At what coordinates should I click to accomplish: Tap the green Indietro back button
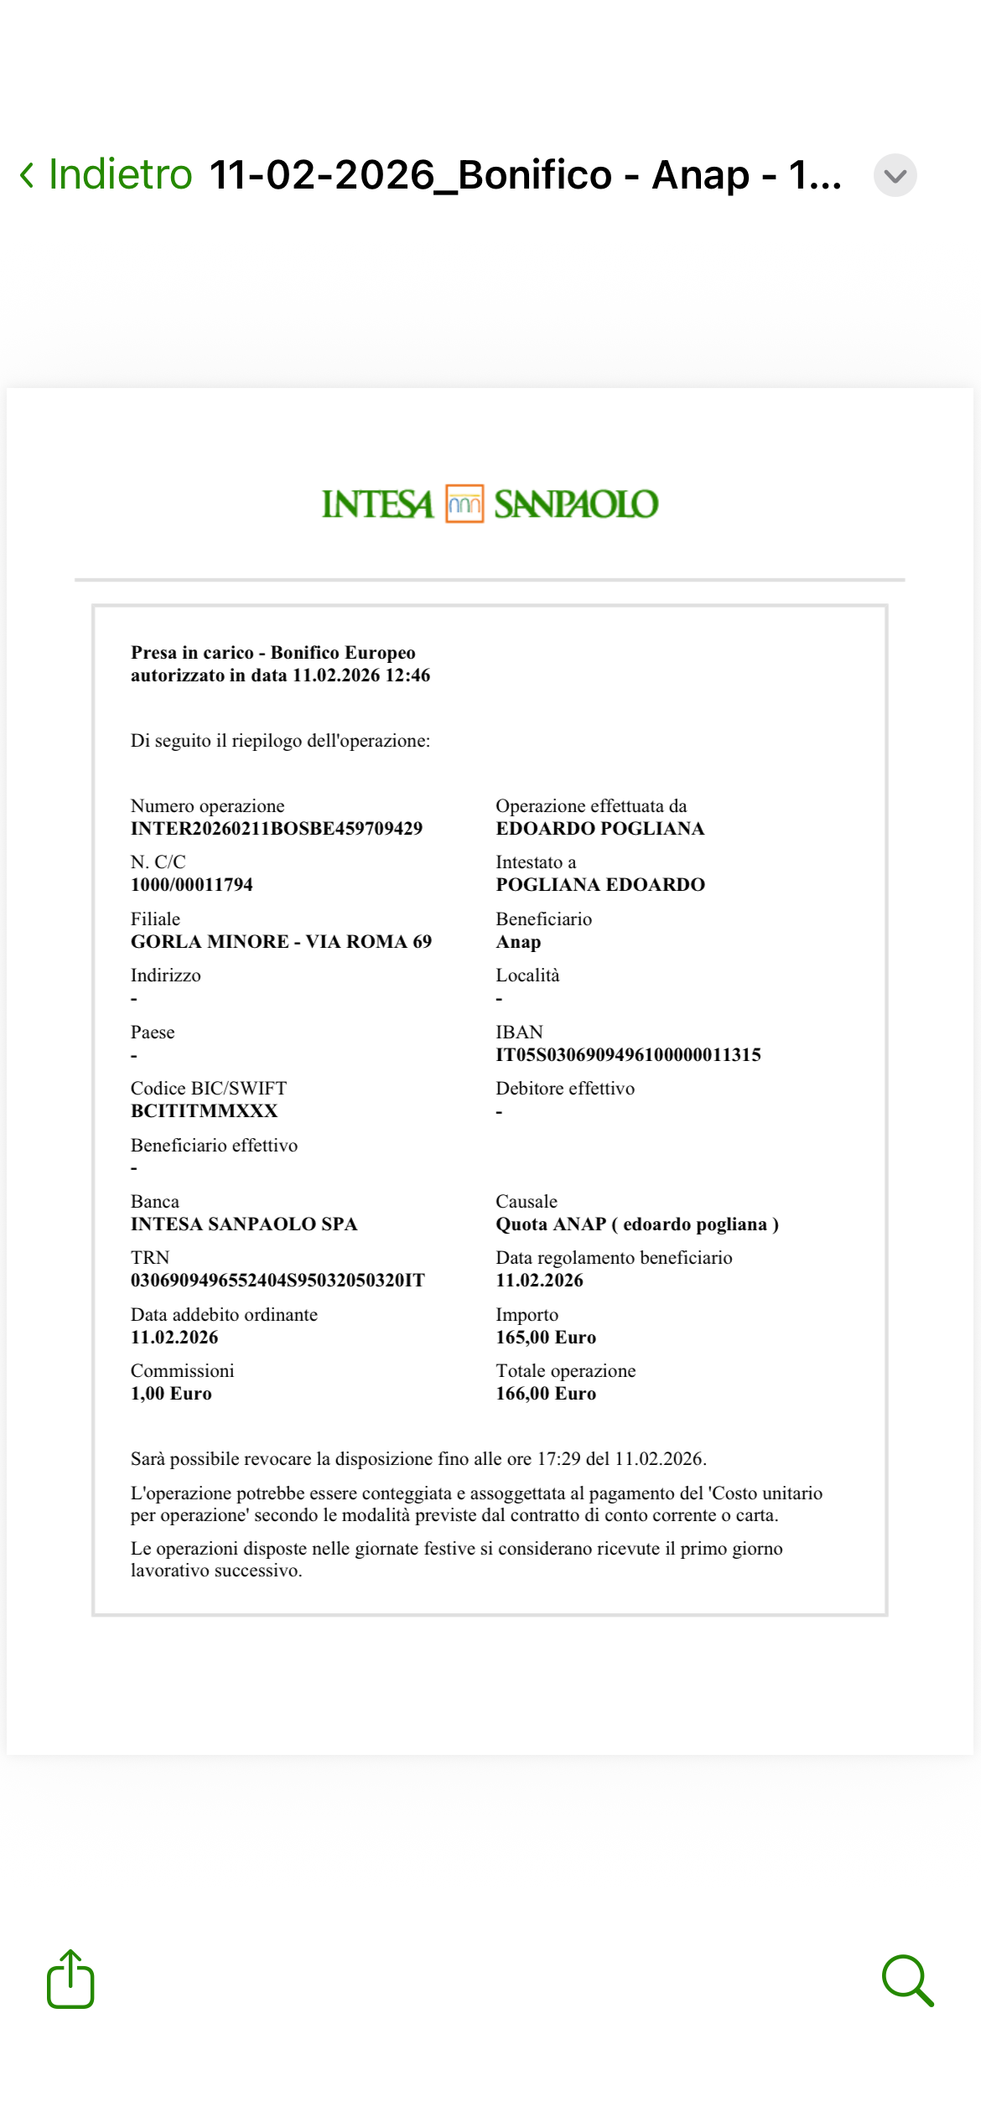pyautogui.click(x=107, y=174)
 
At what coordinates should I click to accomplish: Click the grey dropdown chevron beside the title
pyautogui.click(x=895, y=175)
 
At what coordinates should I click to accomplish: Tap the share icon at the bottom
pyautogui.click(x=70, y=1980)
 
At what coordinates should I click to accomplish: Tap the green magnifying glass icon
pyautogui.click(x=907, y=1980)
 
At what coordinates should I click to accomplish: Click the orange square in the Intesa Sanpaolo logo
pyautogui.click(x=464, y=504)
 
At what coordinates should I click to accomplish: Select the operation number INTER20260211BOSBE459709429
pyautogui.click(x=277, y=829)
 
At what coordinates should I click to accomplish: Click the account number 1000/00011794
pyautogui.click(x=191, y=885)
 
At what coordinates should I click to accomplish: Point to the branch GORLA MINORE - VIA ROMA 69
pyautogui.click(x=281, y=942)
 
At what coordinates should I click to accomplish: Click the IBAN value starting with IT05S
pyautogui.click(x=628, y=1055)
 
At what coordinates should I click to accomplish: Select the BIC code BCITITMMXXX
pyautogui.click(x=204, y=1111)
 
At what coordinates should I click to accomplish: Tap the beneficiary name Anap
pyautogui.click(x=518, y=942)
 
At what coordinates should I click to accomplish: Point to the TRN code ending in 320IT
pyautogui.click(x=278, y=1281)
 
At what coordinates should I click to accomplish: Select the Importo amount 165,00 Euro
pyautogui.click(x=546, y=1338)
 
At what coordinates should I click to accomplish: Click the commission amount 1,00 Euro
pyautogui.click(x=171, y=1394)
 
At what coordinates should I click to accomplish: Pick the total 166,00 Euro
pyautogui.click(x=546, y=1394)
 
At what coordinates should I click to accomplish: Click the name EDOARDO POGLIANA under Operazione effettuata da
pyautogui.click(x=599, y=829)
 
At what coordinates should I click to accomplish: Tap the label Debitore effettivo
pyautogui.click(x=565, y=1089)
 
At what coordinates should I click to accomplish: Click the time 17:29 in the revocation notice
pyautogui.click(x=558, y=1459)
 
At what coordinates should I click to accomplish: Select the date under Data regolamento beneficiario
pyautogui.click(x=539, y=1281)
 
